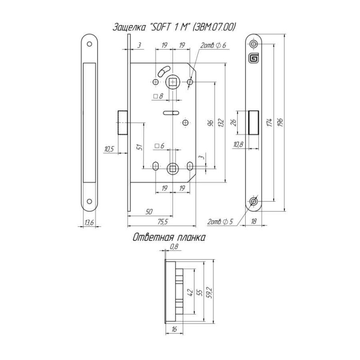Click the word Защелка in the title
click(x=129, y=27)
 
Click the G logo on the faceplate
click(x=254, y=58)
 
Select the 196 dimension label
click(x=280, y=122)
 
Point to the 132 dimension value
click(x=221, y=122)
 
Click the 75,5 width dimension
click(x=162, y=221)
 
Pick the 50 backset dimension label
click(x=149, y=211)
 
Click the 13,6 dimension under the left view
click(x=89, y=222)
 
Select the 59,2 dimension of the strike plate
click(x=210, y=292)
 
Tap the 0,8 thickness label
click(x=174, y=247)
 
